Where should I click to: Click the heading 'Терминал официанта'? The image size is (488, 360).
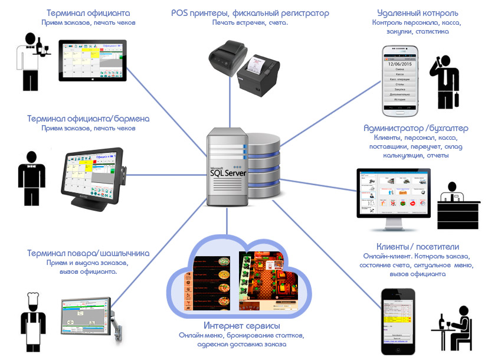tap(89, 12)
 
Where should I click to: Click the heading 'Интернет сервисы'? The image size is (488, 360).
tap(241, 326)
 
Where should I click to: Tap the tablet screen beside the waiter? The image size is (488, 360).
tap(93, 60)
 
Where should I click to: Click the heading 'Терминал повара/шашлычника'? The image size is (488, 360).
tap(88, 253)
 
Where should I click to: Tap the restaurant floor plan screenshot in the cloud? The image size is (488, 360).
tap(268, 280)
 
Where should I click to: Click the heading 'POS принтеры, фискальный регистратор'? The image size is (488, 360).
tap(250, 12)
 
